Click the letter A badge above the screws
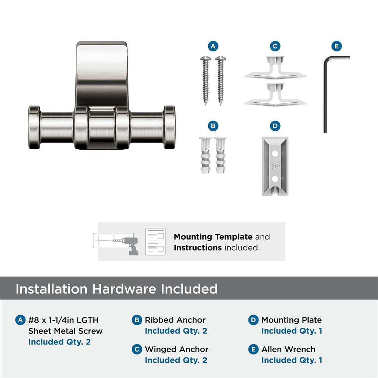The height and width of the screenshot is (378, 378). pos(213,46)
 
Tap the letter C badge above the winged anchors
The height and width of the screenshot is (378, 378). pos(275,46)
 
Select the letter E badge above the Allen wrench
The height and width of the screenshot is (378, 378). pos(336,46)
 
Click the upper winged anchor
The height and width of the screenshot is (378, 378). pos(275,68)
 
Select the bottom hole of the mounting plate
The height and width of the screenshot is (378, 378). pos(274,179)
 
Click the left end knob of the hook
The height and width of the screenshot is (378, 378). pos(34,127)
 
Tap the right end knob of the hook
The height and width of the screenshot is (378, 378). pos(169,127)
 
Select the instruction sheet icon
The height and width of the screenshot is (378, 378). pos(155,241)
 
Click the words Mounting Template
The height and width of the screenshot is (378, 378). pos(213,237)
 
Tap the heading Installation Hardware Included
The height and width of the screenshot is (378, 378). pos(116,289)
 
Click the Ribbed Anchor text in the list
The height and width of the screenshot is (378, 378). pos(175,320)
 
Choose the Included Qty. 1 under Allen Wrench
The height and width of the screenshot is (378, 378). pos(292,360)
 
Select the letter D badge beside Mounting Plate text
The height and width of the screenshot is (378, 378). pos(253,320)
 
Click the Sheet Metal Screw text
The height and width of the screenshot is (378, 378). pos(65,331)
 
